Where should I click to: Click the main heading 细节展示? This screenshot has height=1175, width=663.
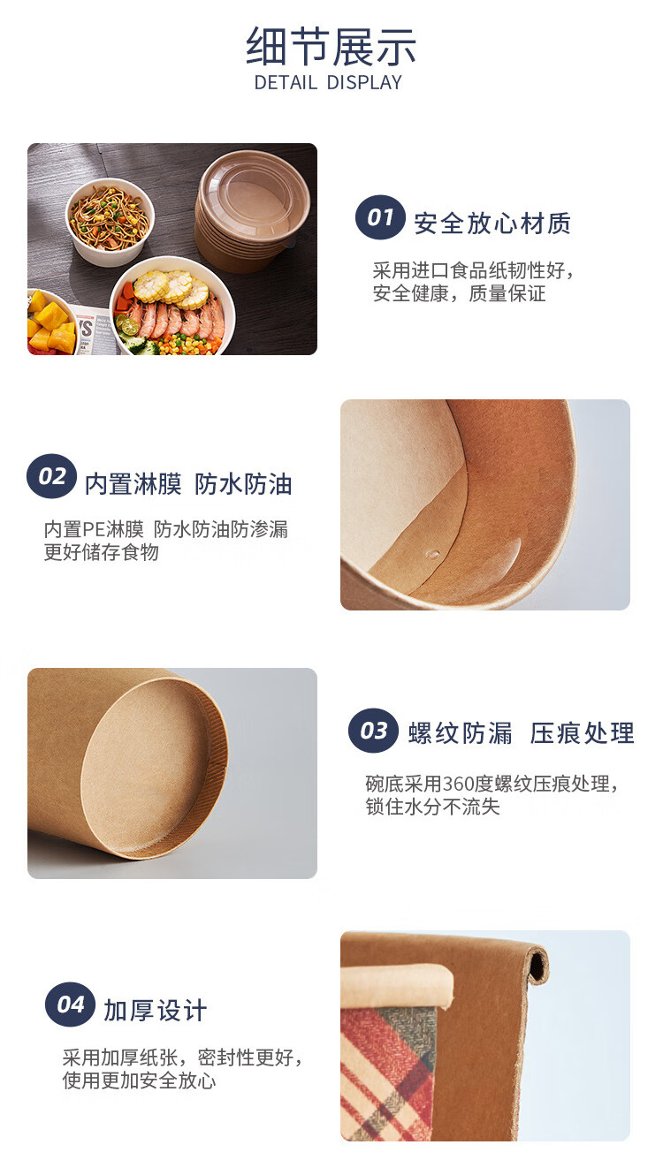point(331,47)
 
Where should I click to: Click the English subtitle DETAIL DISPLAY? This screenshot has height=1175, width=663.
point(328,83)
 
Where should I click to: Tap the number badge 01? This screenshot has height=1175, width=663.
point(380,217)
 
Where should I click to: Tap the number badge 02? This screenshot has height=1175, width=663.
point(51,476)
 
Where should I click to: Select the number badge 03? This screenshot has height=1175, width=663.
point(373,730)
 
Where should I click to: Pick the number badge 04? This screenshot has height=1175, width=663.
point(70,1004)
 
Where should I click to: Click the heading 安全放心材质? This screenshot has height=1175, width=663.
point(492,224)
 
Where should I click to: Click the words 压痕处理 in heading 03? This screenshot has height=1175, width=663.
point(583,733)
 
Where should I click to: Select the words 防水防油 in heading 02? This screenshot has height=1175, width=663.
point(243,483)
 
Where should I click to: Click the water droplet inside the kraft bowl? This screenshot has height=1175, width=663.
point(433,553)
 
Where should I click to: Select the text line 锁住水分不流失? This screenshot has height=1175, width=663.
point(432,807)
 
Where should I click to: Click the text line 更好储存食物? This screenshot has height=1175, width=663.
point(101,552)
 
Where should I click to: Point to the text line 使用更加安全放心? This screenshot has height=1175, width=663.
point(139,1080)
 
